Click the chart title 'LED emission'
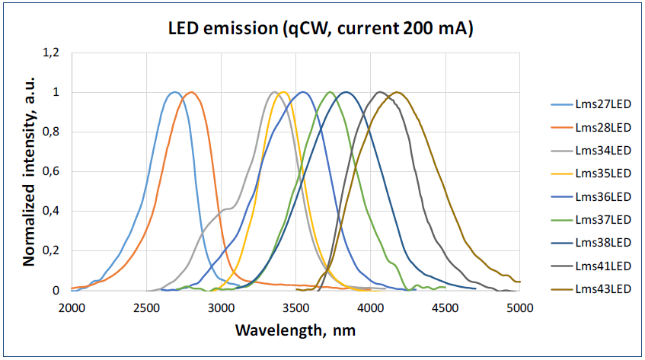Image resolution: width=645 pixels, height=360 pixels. pos(321,29)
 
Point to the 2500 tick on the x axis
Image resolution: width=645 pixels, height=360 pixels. pos(145,307)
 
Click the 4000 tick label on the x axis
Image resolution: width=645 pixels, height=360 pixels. pos(370,307)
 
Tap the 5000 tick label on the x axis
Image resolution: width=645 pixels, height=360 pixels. pos(519,307)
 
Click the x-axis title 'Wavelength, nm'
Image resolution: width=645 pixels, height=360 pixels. pos(295,331)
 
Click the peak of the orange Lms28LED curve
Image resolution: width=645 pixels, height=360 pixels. pos(192,92)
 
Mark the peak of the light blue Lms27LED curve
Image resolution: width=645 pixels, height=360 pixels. pos(174,92)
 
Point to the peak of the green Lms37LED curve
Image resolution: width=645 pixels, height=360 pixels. pos(330,92)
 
